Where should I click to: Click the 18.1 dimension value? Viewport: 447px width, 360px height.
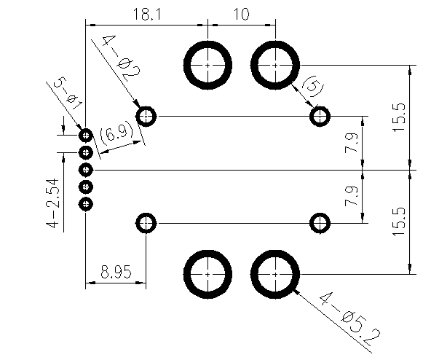click(146, 14)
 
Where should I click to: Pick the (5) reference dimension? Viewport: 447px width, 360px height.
click(311, 87)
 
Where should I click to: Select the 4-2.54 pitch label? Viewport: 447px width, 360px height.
click(52, 205)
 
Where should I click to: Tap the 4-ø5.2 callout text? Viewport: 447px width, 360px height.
click(349, 318)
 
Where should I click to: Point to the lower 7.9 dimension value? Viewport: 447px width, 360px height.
click(354, 197)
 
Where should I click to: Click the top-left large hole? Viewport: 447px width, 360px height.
click(208, 64)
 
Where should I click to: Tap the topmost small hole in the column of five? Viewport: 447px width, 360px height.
click(86, 136)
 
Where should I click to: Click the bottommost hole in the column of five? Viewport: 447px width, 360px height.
click(86, 204)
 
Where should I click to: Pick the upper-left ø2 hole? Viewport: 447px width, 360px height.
click(146, 116)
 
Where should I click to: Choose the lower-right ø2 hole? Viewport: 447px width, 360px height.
click(320, 222)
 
